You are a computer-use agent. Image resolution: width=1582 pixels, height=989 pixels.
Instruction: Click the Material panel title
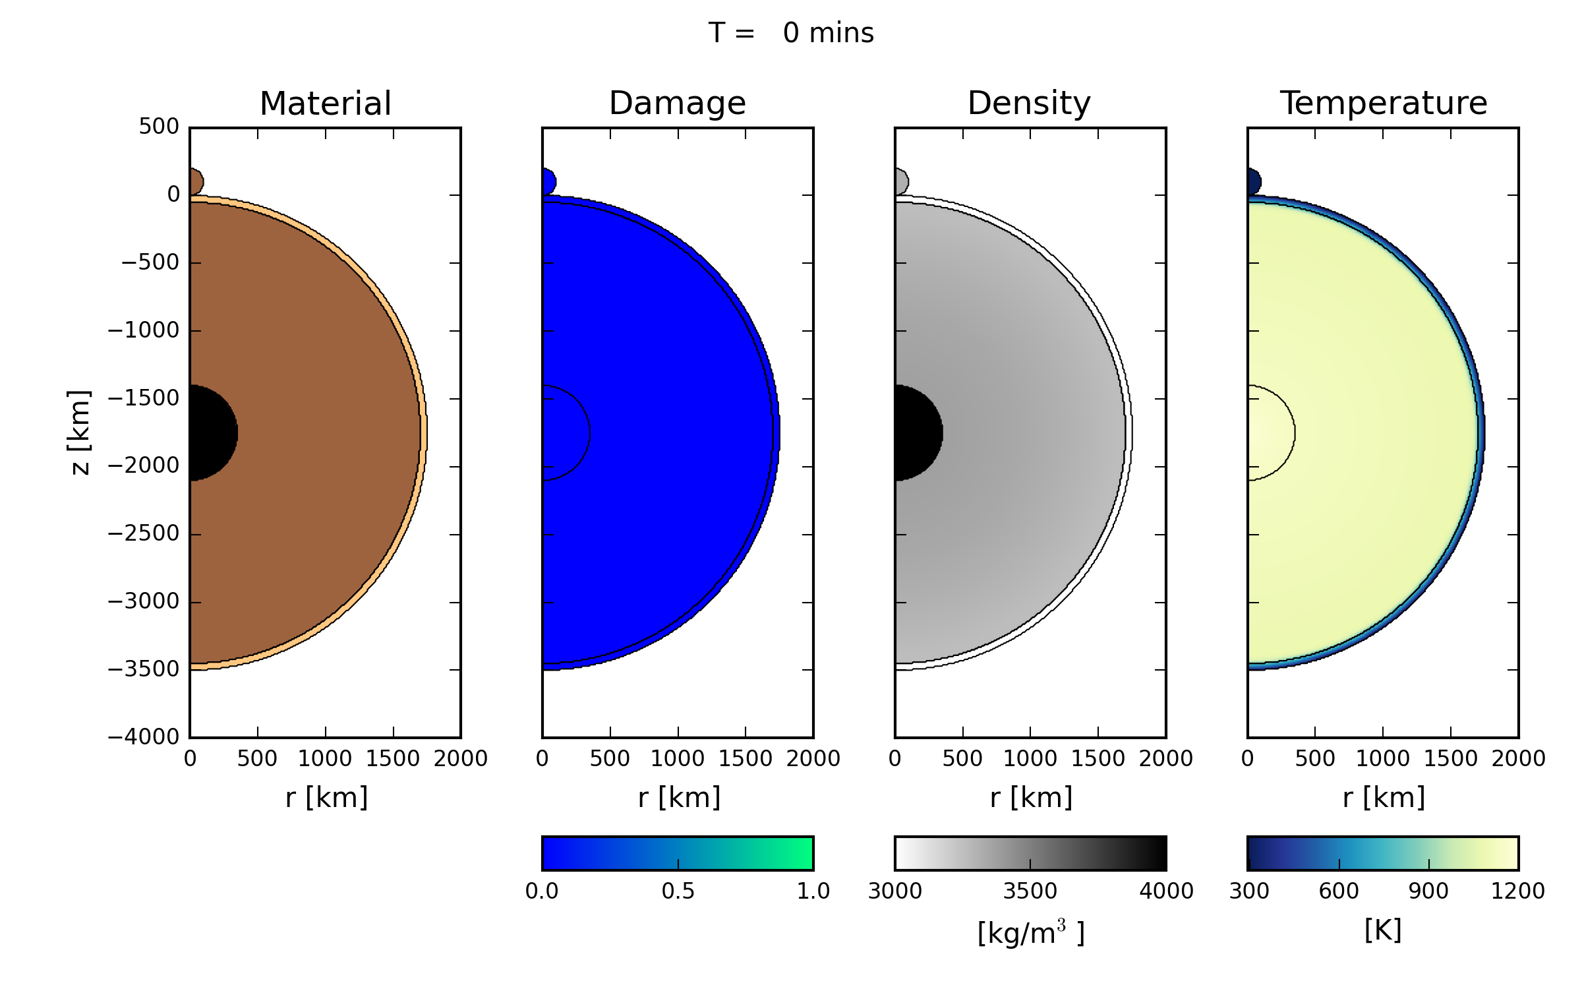(x=326, y=104)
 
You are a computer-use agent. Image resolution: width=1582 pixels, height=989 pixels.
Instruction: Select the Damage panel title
(x=677, y=104)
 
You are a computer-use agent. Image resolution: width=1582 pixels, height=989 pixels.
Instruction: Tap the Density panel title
(x=1029, y=104)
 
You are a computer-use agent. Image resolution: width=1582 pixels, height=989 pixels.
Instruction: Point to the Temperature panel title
(x=1383, y=104)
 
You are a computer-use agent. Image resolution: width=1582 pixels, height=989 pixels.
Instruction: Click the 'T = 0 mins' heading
(x=791, y=33)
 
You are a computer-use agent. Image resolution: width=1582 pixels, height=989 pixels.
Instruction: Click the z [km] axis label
(x=79, y=432)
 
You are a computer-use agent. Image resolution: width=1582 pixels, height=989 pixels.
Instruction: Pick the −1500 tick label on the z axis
(x=143, y=398)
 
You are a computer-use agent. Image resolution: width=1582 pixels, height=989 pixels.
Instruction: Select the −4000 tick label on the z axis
(x=143, y=736)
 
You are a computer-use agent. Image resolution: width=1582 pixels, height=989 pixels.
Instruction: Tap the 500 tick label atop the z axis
(x=158, y=127)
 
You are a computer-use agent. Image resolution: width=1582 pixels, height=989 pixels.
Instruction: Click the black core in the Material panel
(x=211, y=433)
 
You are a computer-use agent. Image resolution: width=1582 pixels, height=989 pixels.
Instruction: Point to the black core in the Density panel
(x=916, y=433)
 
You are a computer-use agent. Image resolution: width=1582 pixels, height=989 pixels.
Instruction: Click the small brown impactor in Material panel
(x=196, y=182)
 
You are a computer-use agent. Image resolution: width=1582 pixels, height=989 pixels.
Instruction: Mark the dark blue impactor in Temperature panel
(x=1253, y=182)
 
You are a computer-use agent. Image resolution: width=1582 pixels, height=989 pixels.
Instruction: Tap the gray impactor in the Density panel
(x=900, y=182)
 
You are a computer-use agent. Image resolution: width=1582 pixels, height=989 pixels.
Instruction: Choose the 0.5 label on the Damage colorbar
(x=678, y=891)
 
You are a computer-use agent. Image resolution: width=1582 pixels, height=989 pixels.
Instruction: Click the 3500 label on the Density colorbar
(x=1030, y=891)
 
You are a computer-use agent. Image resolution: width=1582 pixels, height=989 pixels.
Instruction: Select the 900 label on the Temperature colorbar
(x=1428, y=891)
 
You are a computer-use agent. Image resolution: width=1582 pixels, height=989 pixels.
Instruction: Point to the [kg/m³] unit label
(x=1030, y=932)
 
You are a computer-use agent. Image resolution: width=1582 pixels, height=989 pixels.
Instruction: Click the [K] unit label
(x=1382, y=930)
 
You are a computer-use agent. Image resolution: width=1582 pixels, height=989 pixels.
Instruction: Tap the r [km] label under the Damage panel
(x=679, y=798)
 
